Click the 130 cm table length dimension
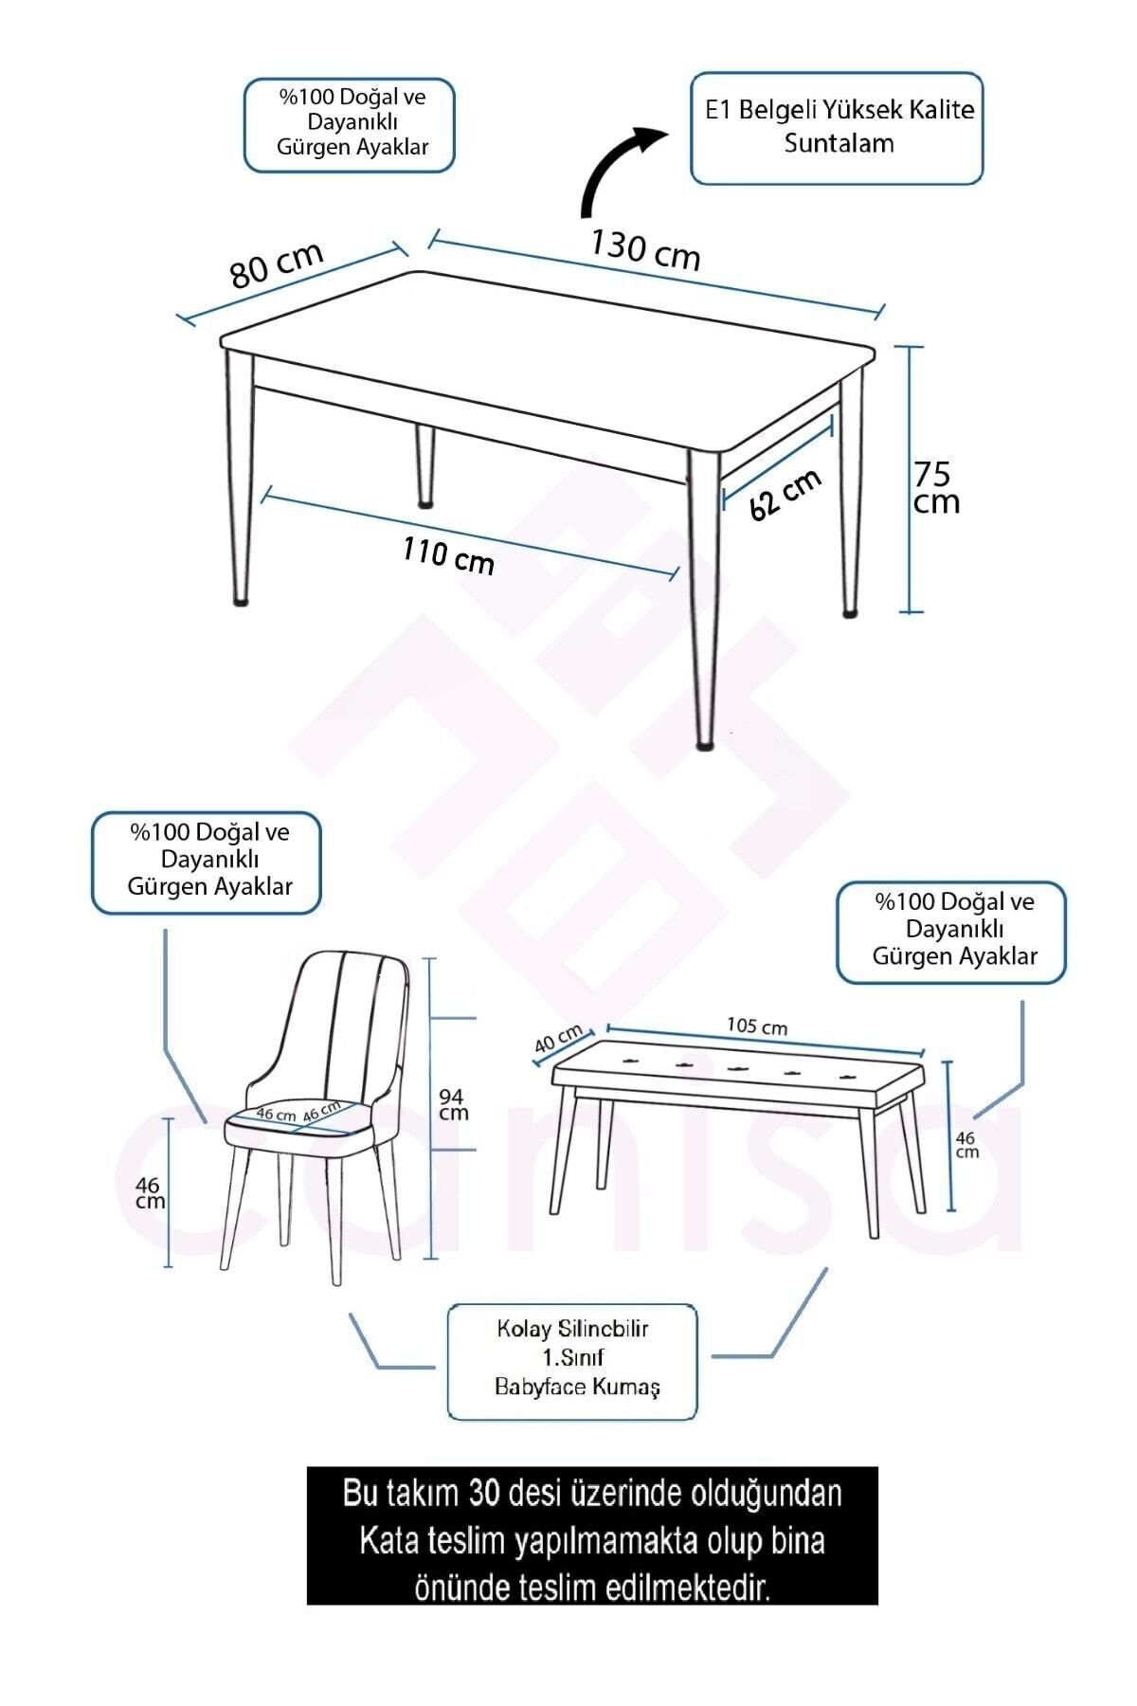(x=645, y=249)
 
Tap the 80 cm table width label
(x=277, y=263)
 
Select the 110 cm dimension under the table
(x=448, y=555)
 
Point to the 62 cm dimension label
(x=785, y=495)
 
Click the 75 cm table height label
(x=936, y=487)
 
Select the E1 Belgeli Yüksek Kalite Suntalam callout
(x=837, y=128)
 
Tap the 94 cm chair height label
(x=453, y=1104)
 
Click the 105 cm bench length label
(x=757, y=1025)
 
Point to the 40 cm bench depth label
(x=558, y=1040)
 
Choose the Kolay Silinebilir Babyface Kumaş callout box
(x=571, y=1361)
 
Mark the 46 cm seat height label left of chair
(x=149, y=1193)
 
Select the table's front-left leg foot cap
(x=241, y=600)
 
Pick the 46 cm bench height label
(x=966, y=1145)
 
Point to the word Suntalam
(x=839, y=144)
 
